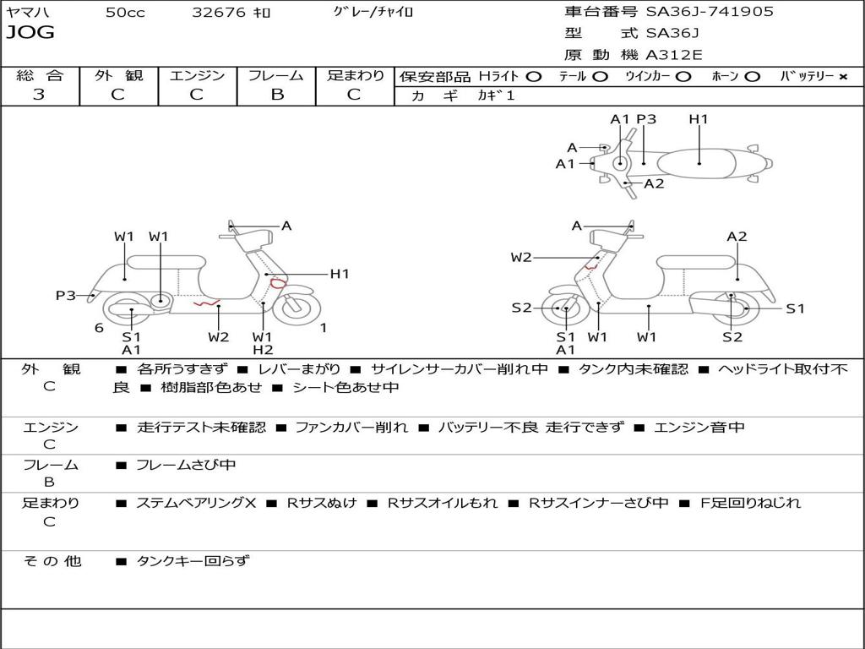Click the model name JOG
(x=30, y=33)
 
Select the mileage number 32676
(x=219, y=12)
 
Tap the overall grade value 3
(x=39, y=95)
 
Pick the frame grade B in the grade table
(x=276, y=95)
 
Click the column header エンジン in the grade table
(x=197, y=75)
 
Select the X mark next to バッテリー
(x=843, y=76)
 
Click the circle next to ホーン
(x=752, y=76)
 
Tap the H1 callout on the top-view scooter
(x=699, y=119)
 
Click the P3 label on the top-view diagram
(x=646, y=119)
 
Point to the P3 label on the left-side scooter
(x=66, y=295)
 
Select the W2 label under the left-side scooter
(x=219, y=337)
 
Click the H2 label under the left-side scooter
(x=263, y=350)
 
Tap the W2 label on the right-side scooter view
(x=521, y=258)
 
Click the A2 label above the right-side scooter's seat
(x=737, y=237)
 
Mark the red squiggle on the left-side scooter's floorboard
(x=207, y=303)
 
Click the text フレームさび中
(x=186, y=465)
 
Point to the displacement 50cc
(x=125, y=12)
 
